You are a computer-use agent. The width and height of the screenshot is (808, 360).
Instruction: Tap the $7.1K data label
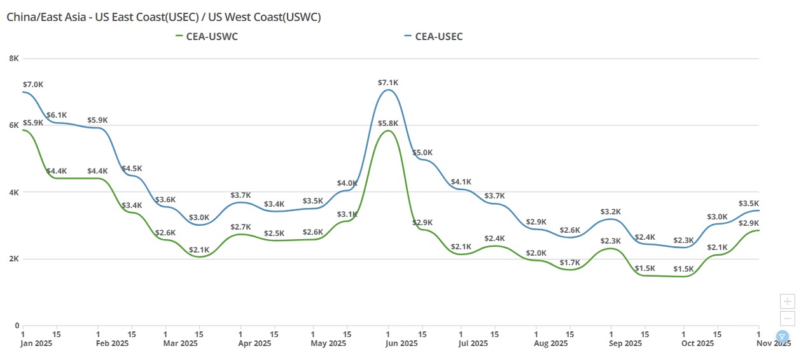pyautogui.click(x=387, y=83)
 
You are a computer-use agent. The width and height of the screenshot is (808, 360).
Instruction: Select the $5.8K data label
pyautogui.click(x=387, y=123)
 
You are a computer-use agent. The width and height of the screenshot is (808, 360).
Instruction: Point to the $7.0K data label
pyautogui.click(x=33, y=85)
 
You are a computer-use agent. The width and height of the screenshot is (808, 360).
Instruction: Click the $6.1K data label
pyautogui.click(x=57, y=115)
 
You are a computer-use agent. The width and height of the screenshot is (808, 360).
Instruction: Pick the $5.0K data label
pyautogui.click(x=422, y=153)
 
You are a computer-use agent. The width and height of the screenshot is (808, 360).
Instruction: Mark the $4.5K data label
pyautogui.click(x=132, y=169)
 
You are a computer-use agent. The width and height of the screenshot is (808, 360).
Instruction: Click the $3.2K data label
pyautogui.click(x=610, y=212)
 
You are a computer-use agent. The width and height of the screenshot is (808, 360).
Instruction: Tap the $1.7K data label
pyautogui.click(x=569, y=263)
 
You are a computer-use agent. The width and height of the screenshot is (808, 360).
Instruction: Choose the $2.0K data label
pyautogui.click(x=536, y=253)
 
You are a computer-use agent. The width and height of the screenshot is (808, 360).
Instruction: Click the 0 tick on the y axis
pyautogui.click(x=17, y=326)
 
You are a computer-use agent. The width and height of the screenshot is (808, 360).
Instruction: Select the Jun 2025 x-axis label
pyautogui.click(x=387, y=343)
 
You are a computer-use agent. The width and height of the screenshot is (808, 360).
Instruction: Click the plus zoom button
pyautogui.click(x=788, y=301)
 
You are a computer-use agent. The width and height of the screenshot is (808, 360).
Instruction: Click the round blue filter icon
pyautogui.click(x=783, y=336)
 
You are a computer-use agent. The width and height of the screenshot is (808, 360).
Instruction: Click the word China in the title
pyautogui.click(x=21, y=17)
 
